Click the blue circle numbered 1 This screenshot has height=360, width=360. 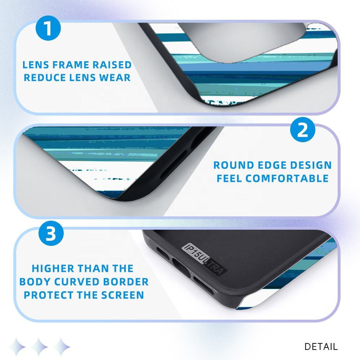pos(48,28)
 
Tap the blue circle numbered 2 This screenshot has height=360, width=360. pos(303,130)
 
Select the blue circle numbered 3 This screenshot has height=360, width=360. pos(51,233)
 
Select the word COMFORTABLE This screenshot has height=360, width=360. pos(287,179)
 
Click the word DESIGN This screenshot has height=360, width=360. pos(311,165)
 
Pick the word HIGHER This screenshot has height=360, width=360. pos(53,269)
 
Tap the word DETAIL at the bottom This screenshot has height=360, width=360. pos(321,347)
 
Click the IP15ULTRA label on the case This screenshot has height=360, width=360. pos(204,259)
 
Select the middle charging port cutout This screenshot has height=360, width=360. pos(181,268)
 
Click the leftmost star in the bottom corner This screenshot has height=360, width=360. pos(17,347)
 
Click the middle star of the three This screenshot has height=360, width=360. pos(39,347)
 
